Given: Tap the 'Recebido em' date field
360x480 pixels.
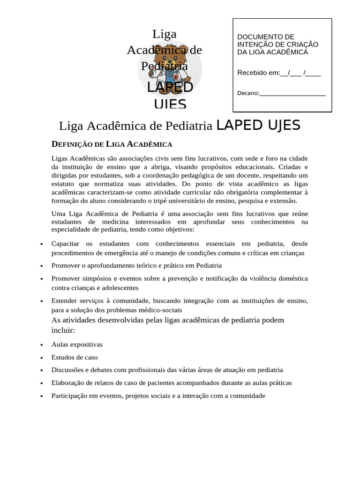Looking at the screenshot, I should pos(300,73).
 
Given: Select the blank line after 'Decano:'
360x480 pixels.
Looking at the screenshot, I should pos(292,93).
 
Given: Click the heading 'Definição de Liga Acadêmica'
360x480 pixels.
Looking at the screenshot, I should pos(112,144).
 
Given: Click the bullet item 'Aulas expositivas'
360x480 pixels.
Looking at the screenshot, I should pos(77,345).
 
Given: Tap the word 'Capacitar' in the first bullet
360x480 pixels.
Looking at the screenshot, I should pos(65,244).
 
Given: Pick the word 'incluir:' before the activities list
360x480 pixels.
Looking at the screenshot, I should pos(63,330).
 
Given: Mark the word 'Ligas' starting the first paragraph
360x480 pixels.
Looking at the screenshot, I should pos(60,158).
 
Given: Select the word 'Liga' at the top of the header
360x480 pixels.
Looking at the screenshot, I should pos(164,34).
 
